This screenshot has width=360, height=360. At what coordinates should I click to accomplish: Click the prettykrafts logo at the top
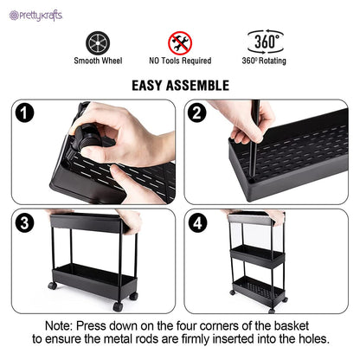(x=33, y=15)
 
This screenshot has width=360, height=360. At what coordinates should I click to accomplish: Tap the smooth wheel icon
(x=98, y=42)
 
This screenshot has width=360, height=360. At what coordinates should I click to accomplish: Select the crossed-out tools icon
(x=180, y=42)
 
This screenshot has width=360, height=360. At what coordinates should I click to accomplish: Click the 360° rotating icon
(x=266, y=42)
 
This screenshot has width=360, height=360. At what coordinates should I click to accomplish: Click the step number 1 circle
(x=26, y=112)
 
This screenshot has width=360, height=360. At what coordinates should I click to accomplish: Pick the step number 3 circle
(x=26, y=223)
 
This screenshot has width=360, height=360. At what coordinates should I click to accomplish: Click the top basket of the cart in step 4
(x=259, y=252)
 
